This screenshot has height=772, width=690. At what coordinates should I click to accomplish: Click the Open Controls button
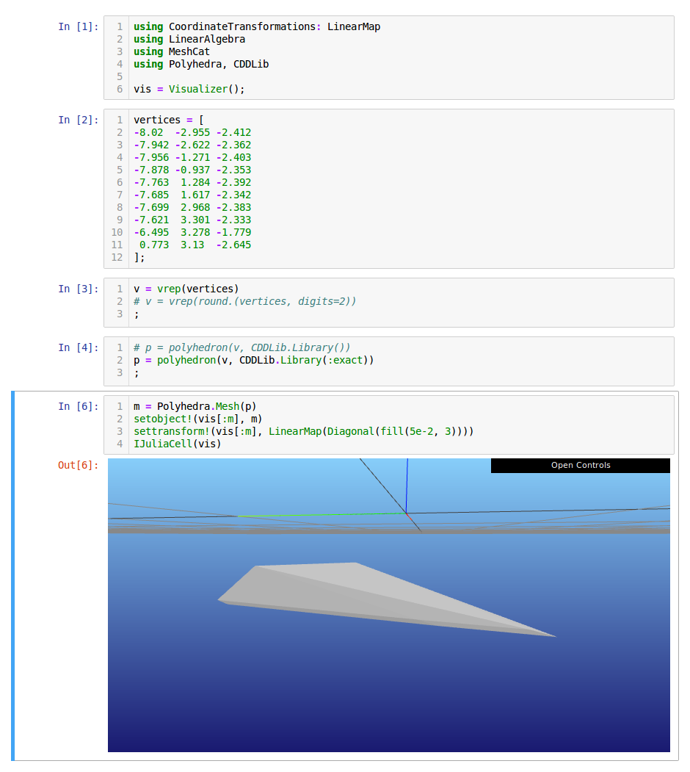click(x=580, y=465)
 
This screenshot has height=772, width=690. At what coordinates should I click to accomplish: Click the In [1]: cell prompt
click(x=79, y=26)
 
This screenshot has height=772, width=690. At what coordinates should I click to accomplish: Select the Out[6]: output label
click(x=79, y=465)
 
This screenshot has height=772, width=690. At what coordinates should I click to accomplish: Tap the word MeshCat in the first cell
click(x=189, y=51)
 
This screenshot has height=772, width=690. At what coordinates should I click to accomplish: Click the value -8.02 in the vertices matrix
click(x=148, y=132)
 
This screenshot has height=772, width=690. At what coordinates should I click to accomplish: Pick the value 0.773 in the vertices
click(x=154, y=245)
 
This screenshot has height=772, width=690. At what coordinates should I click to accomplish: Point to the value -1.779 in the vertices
click(x=233, y=232)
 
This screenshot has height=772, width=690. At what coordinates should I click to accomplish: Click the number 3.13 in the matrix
click(x=192, y=245)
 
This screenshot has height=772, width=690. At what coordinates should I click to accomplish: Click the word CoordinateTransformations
click(x=241, y=26)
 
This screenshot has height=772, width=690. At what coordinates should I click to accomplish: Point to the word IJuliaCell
click(x=163, y=444)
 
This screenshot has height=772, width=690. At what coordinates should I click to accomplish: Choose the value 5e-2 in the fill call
click(x=421, y=431)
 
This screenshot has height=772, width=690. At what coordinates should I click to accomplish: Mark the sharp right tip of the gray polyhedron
click(x=556, y=637)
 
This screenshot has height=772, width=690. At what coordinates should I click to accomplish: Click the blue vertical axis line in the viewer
click(x=407, y=486)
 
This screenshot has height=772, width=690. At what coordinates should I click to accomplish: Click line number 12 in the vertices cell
click(x=117, y=258)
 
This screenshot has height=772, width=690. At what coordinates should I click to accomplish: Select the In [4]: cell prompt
click(x=79, y=347)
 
